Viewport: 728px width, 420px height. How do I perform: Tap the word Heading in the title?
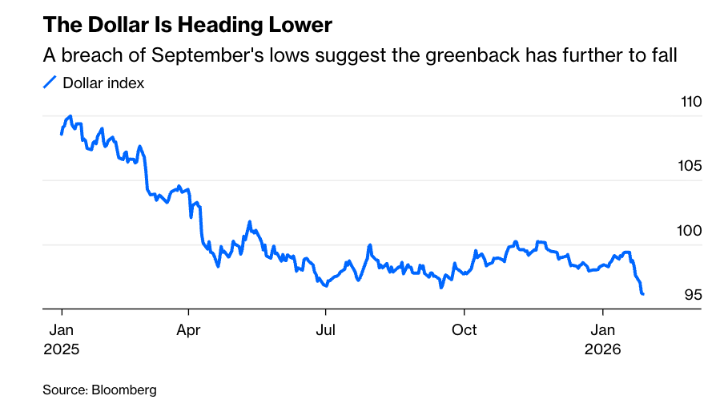coord(212,26)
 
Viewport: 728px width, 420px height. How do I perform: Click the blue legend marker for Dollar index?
coord(50,82)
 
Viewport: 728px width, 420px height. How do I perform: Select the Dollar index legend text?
coord(103,83)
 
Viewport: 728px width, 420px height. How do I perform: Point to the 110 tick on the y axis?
coord(690,103)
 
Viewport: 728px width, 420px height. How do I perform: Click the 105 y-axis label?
coord(690,167)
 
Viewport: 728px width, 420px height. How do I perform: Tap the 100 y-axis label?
coord(690,231)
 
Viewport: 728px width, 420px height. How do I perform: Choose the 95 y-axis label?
coord(693,295)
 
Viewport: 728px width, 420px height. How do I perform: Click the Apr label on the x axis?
coord(189,330)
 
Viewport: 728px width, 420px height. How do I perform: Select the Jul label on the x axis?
coord(325,330)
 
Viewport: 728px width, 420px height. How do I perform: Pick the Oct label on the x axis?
coord(465,330)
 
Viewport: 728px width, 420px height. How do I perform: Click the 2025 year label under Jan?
coord(62,350)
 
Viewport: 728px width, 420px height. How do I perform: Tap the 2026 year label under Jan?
coord(602,350)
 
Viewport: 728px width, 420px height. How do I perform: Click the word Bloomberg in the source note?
coord(123,390)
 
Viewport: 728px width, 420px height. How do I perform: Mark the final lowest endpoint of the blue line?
coord(643,294)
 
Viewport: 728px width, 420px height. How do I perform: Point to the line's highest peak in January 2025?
coord(70,116)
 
